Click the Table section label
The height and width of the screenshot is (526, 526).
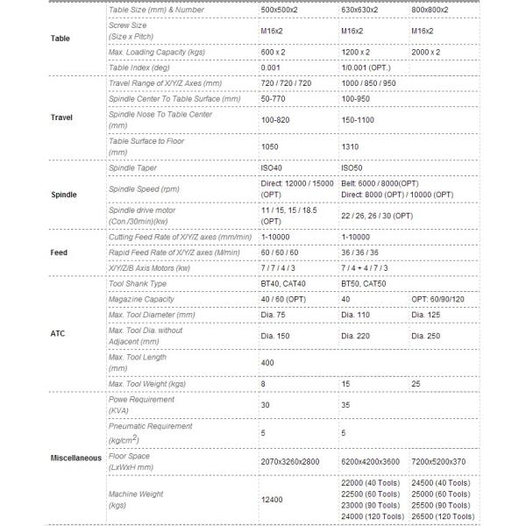click(x=60, y=39)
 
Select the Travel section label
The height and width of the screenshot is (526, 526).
click(x=62, y=117)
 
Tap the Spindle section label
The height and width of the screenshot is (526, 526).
click(x=64, y=194)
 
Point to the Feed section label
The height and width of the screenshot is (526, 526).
click(x=60, y=252)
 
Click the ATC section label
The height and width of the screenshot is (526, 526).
click(x=60, y=334)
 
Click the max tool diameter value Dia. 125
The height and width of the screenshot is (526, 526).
click(x=428, y=314)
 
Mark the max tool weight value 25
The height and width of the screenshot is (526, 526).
click(x=416, y=384)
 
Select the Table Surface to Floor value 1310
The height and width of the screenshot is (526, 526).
click(x=351, y=147)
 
